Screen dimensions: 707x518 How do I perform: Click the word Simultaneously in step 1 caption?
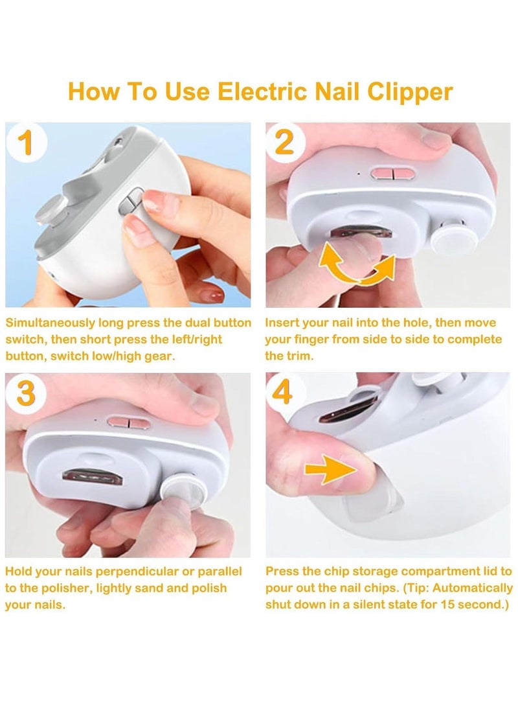pyautogui.click(x=51, y=323)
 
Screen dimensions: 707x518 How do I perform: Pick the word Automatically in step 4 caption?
pyautogui.click(x=472, y=588)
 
